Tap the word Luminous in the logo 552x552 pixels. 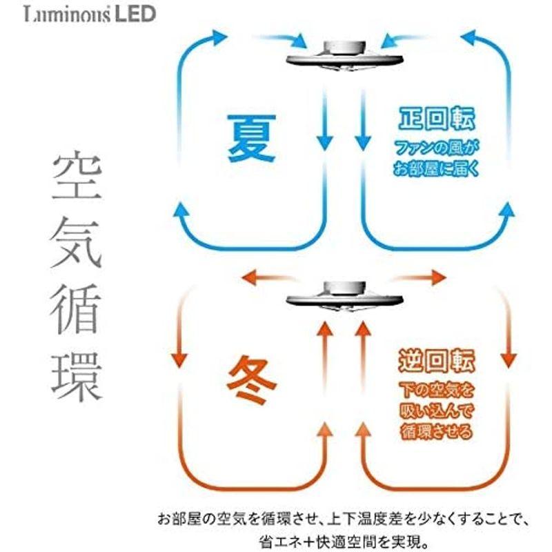tap(66, 14)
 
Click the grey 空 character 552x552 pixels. tap(76, 178)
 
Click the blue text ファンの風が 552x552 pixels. tap(437, 148)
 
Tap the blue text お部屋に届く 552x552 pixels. tap(437, 168)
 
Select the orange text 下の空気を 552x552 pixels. tap(437, 391)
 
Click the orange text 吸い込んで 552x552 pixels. tap(437, 412)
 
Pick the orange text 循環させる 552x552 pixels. tap(437, 433)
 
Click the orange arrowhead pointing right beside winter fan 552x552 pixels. tap(439, 278)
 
